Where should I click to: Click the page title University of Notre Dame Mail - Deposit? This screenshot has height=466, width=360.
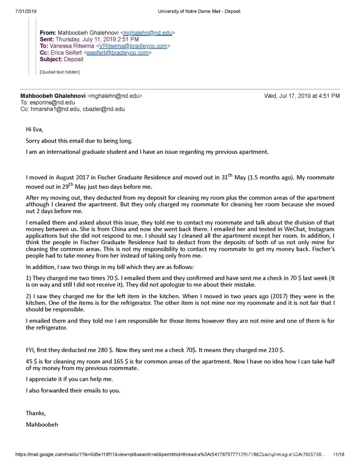tap(199, 11)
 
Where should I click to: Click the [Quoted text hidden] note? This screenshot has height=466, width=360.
tap(60, 72)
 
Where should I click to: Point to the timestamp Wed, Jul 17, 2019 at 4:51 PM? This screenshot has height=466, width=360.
tap(302, 96)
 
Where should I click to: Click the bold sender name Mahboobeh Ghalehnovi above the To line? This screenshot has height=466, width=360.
tap(53, 96)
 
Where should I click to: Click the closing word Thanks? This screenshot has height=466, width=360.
tap(36, 413)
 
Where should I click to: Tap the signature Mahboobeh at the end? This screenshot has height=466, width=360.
tap(42, 425)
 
